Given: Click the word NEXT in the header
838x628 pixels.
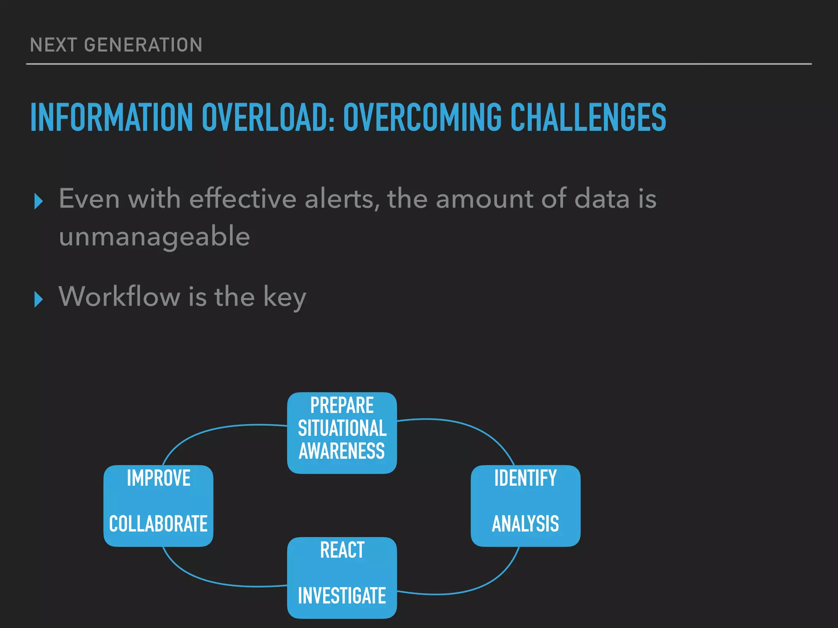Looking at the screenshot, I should pyautogui.click(x=53, y=45).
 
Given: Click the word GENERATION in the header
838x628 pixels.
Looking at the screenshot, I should pyautogui.click(x=143, y=45).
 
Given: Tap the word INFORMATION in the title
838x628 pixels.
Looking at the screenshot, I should pyautogui.click(x=111, y=117).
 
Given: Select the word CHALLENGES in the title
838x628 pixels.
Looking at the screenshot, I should pyautogui.click(x=588, y=117).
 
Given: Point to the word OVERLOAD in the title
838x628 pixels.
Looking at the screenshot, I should pyautogui.click(x=268, y=117).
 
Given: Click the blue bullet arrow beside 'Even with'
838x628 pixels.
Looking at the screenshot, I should pyautogui.click(x=38, y=201).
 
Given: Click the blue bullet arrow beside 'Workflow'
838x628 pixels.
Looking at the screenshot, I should pyautogui.click(x=38, y=299).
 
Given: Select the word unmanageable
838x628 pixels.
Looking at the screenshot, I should pyautogui.click(x=154, y=236).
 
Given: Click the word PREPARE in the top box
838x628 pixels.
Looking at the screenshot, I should pyautogui.click(x=342, y=406).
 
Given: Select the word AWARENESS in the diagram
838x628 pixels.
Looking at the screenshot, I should pyautogui.click(x=342, y=451).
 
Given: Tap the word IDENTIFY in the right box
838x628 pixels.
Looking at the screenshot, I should pyautogui.click(x=525, y=478).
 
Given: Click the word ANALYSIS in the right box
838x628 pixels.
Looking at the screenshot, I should pyautogui.click(x=525, y=524).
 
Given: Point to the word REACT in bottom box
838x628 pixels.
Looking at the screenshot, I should pyautogui.click(x=342, y=550).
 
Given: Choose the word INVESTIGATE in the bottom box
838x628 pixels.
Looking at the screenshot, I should pyautogui.click(x=342, y=596).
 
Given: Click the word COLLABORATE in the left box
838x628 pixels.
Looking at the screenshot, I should pyautogui.click(x=158, y=524).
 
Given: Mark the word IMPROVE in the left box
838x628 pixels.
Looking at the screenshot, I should pyautogui.click(x=158, y=478).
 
